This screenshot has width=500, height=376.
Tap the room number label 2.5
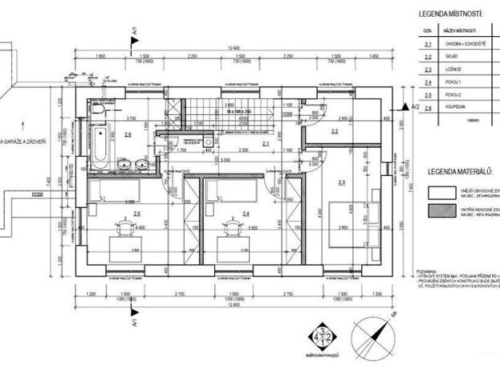pyautogui.click(x=137, y=213)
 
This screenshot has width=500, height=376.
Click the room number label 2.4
pyautogui.click(x=247, y=213)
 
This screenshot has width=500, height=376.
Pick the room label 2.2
pyautogui.click(x=335, y=130)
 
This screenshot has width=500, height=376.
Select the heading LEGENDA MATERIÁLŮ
pyautogui.click(x=460, y=171)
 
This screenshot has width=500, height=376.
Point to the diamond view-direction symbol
pyautogui.click(x=323, y=339)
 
